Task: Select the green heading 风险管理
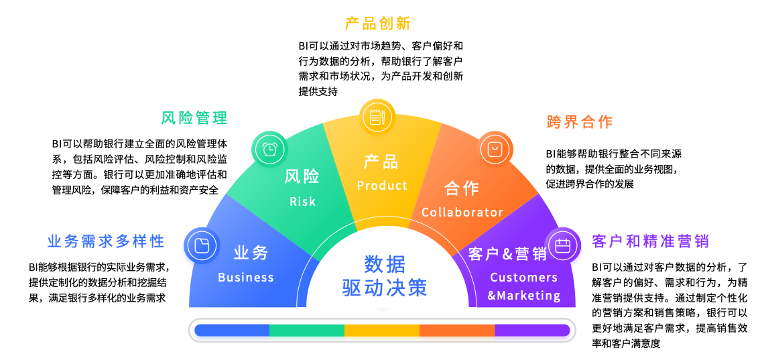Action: (194, 119)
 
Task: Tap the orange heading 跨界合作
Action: (580, 122)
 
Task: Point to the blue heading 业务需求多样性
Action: (106, 241)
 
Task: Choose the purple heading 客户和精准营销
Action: (651, 241)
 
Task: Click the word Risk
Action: (302, 201)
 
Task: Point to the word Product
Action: (382, 186)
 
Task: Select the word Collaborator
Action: (462, 213)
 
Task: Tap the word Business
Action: (246, 278)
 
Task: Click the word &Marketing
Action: (524, 296)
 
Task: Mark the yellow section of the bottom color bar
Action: (382, 330)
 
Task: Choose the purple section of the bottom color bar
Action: (532, 330)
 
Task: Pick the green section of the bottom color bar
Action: (307, 330)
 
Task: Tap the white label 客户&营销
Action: (507, 254)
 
